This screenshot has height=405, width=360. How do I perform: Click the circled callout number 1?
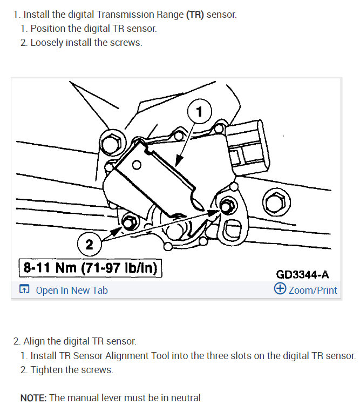(199, 112)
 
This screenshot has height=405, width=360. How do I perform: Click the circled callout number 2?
(90, 245)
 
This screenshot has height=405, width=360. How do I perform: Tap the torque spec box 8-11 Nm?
(90, 268)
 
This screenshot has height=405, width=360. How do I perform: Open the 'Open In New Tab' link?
(71, 290)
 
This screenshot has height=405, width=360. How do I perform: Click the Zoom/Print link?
(313, 290)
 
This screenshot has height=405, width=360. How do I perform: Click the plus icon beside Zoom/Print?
(280, 289)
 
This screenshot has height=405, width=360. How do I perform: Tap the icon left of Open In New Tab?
(24, 290)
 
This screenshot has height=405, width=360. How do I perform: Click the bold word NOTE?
(33, 398)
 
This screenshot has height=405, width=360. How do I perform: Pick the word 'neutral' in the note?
(185, 398)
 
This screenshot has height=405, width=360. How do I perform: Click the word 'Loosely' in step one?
(46, 43)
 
